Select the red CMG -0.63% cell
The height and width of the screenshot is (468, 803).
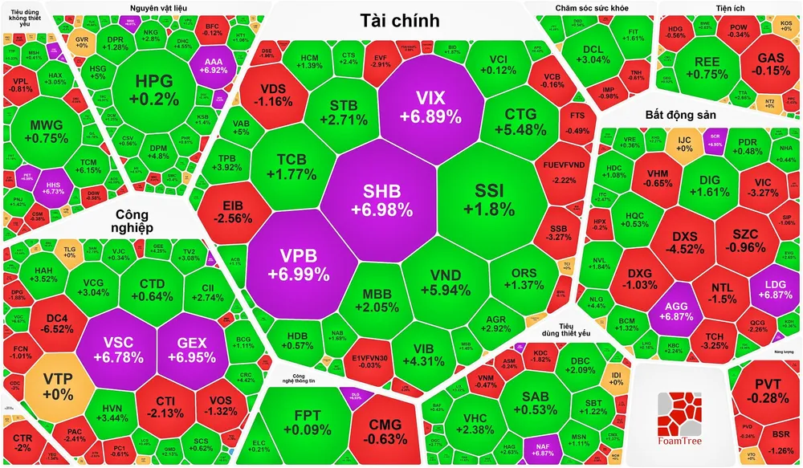pyautogui.click(x=376, y=430)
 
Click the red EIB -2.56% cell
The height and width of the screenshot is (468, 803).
pyautogui.click(x=229, y=210)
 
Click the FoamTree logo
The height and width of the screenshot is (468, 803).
pyautogui.click(x=679, y=417)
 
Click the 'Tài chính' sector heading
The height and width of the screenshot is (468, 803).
pyautogui.click(x=398, y=21)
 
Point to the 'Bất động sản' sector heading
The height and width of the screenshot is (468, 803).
pyautogui.click(x=679, y=115)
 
